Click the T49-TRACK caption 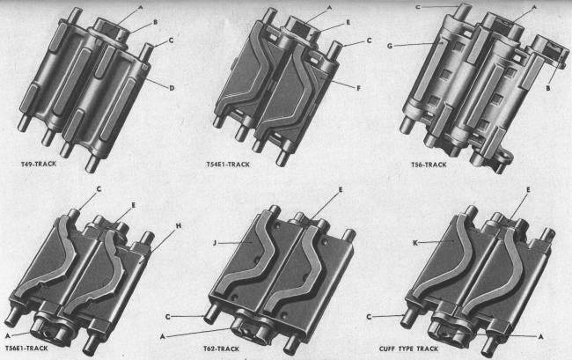coord(39,164)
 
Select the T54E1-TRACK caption coord(228,165)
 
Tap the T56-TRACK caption coord(429,165)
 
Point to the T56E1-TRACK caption coord(26,349)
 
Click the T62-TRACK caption coord(221,349)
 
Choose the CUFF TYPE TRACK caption coord(408,349)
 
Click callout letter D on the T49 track coord(172,88)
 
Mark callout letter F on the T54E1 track coord(358,88)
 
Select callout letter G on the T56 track coord(390,46)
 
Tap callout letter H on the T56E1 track coord(179,226)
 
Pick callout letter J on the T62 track coord(215,243)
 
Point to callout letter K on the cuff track coord(414,243)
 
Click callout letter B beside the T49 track coord(156,22)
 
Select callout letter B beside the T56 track coord(547,88)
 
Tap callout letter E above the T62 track coord(341,190)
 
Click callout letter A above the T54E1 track coord(329,8)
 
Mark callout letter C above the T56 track coord(418,6)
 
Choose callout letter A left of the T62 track coord(163,336)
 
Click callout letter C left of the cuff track coord(369,317)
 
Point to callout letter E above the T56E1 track coord(133,205)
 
